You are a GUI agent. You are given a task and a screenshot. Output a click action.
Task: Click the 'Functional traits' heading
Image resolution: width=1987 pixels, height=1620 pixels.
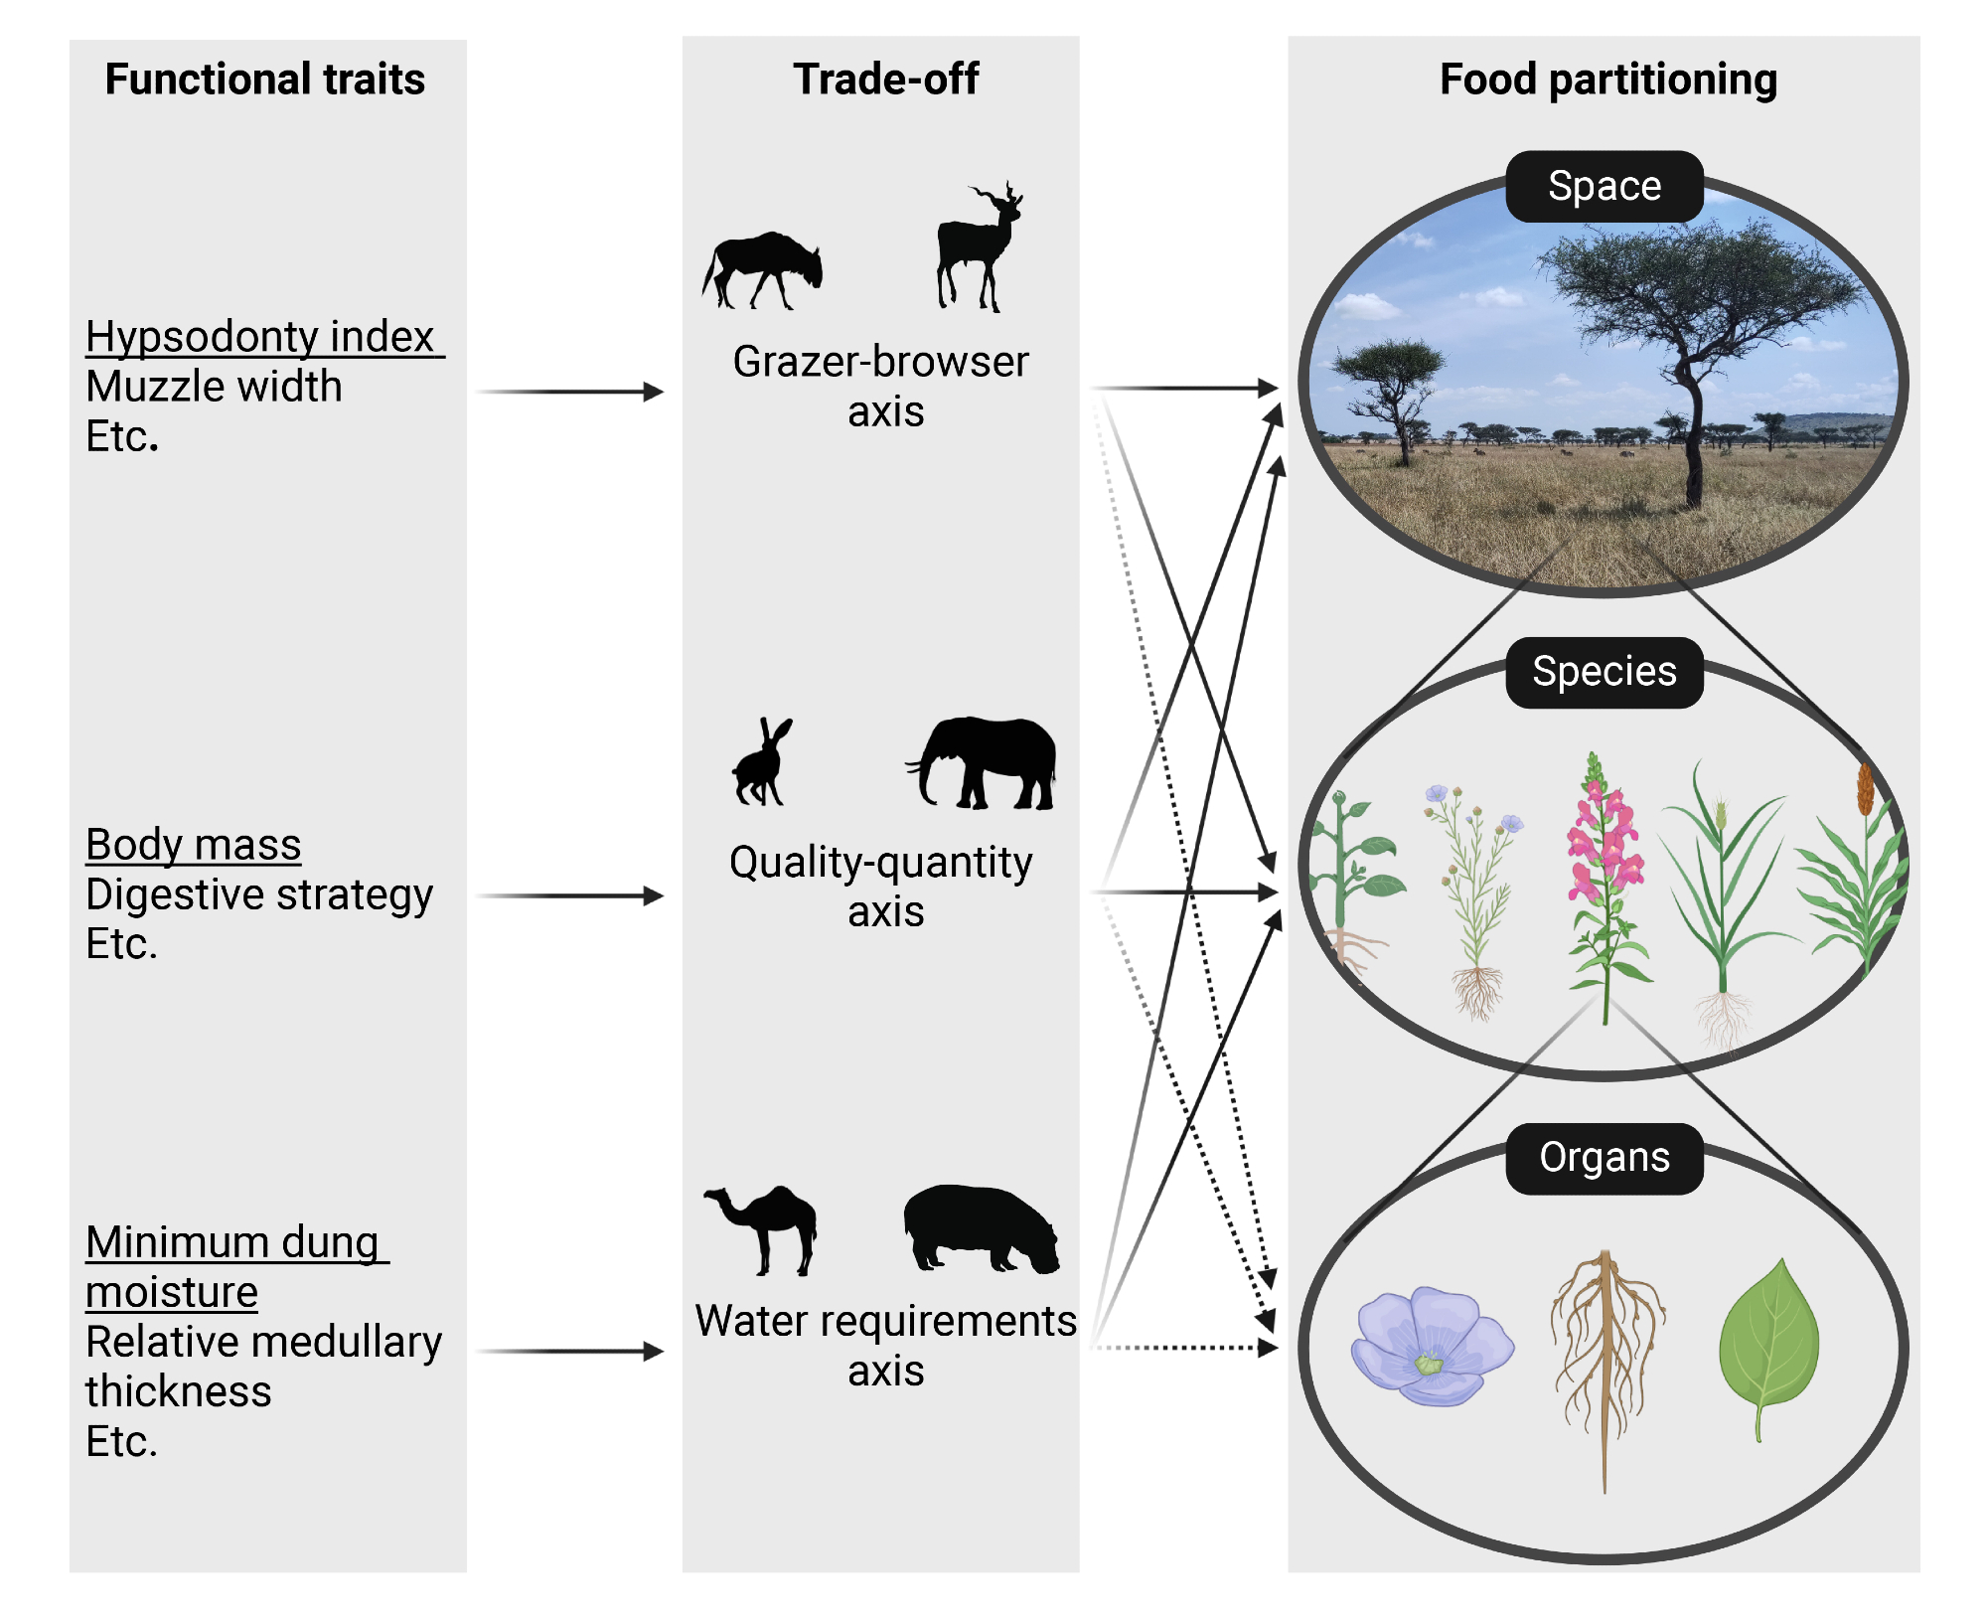tap(264, 80)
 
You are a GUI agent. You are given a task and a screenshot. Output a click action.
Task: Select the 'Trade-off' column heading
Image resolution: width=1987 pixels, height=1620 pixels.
tap(885, 80)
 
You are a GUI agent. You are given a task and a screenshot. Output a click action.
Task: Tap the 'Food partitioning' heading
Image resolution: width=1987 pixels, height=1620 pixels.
tap(1607, 80)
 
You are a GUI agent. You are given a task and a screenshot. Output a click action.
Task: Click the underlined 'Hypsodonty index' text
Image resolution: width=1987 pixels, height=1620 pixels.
tap(260, 337)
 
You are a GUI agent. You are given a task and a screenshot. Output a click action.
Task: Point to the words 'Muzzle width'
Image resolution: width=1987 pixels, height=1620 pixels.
tap(214, 387)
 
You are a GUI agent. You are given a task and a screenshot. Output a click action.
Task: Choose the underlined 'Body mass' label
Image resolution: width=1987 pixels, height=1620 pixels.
tap(194, 845)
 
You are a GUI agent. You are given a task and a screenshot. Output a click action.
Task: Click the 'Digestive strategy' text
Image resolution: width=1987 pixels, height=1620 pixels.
tap(259, 894)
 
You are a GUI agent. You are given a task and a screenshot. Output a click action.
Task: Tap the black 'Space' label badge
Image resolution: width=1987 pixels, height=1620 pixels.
tap(1605, 187)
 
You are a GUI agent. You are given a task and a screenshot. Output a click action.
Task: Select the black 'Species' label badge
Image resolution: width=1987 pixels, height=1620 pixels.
tap(1605, 672)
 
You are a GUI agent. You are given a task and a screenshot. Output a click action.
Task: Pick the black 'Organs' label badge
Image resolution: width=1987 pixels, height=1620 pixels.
tap(1605, 1158)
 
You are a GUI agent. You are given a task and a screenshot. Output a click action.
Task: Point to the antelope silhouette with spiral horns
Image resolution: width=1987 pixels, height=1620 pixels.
tap(979, 248)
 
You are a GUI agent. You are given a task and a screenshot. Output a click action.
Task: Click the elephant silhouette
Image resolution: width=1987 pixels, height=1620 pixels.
tap(984, 763)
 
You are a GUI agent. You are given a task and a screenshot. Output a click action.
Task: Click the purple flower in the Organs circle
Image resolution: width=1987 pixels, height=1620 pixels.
tap(1431, 1347)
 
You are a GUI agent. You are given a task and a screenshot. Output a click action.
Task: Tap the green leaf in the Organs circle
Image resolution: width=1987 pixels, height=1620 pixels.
tap(1768, 1342)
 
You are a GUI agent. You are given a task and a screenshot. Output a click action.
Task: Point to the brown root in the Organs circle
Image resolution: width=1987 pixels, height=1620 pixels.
tap(1605, 1362)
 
